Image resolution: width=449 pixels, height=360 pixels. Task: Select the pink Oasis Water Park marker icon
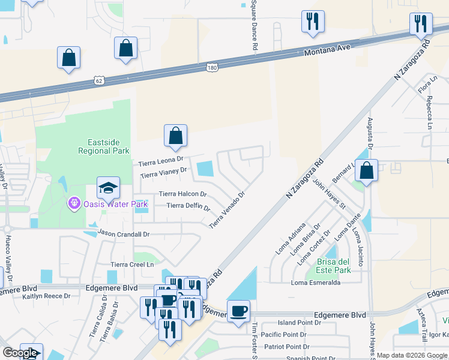[x=74, y=204]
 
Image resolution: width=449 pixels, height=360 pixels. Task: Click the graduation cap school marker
[x=109, y=188]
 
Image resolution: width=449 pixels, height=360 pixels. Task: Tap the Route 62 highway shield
[x=99, y=80]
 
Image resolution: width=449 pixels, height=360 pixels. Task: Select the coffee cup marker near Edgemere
[x=239, y=311]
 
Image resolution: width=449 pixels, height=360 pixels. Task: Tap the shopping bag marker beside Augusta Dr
[x=366, y=170]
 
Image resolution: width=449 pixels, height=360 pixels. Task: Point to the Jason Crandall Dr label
[x=123, y=233]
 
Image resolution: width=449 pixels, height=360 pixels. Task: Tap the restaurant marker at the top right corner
[x=420, y=24]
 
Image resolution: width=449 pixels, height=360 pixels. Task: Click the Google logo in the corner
[x=20, y=353]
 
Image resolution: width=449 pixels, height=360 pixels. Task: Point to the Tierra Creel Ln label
[x=133, y=264]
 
